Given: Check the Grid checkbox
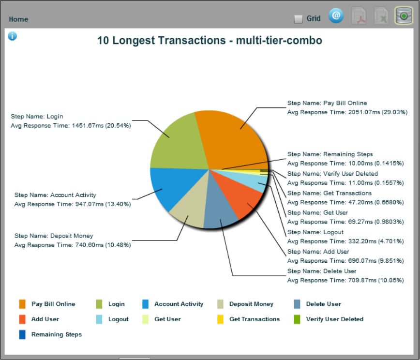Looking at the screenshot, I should pos(299,19).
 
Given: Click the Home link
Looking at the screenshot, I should pos(18,19).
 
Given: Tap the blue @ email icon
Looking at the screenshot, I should pos(336,16).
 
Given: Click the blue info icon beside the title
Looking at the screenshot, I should pos(13,36).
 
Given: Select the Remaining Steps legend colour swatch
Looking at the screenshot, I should pos(22,334).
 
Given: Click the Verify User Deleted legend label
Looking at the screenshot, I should pos(334,319).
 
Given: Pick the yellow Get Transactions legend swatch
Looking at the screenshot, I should pos(220,319).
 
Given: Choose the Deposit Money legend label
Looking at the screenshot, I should pos(251,304).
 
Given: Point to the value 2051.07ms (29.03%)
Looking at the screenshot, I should pos(377,112).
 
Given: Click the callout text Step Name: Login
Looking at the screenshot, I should pos(37,117).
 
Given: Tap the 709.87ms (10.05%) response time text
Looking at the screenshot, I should pos(377,280).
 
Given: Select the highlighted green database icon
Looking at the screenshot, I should pos(403,16).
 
